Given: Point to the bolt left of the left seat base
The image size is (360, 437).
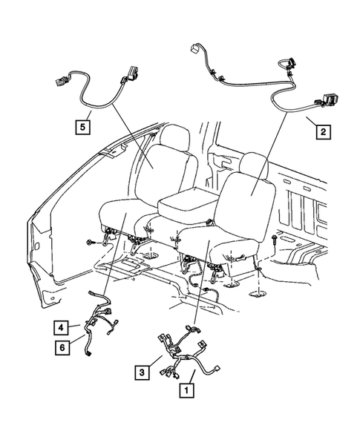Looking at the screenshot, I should (x=91, y=242).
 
